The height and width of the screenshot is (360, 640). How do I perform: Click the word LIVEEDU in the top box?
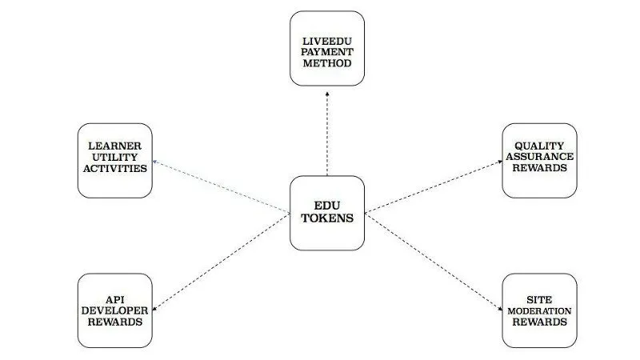[x=327, y=42]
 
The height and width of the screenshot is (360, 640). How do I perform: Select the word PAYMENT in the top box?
[x=327, y=52]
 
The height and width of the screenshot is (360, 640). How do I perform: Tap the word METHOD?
[x=327, y=63]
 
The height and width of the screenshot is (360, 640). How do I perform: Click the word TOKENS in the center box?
[x=327, y=218]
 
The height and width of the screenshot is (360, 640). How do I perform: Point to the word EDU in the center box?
[x=327, y=206]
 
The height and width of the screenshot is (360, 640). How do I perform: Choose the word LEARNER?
[x=114, y=146]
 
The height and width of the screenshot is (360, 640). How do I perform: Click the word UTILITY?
[x=114, y=157]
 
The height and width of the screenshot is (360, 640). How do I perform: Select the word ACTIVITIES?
[x=114, y=168]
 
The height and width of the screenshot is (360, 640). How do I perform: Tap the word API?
[x=114, y=299]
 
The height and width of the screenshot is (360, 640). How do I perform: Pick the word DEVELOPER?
[x=114, y=310]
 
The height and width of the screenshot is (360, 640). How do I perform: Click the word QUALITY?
[x=539, y=146]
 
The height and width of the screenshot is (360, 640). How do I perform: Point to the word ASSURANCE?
[x=539, y=157]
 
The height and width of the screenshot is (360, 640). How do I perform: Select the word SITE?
[x=539, y=299]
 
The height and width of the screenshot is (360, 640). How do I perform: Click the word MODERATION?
[x=539, y=311]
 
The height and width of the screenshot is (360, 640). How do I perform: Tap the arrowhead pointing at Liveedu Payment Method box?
[x=327, y=94]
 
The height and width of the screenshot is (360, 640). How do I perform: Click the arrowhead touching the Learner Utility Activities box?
[x=155, y=162]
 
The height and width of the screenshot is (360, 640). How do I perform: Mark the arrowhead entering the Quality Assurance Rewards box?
[x=500, y=162]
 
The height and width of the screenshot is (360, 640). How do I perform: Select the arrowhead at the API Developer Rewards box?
[x=154, y=310]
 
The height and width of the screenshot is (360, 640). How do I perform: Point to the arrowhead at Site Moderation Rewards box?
[x=500, y=310]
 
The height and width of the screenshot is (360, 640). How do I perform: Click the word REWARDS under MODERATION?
[x=539, y=322]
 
